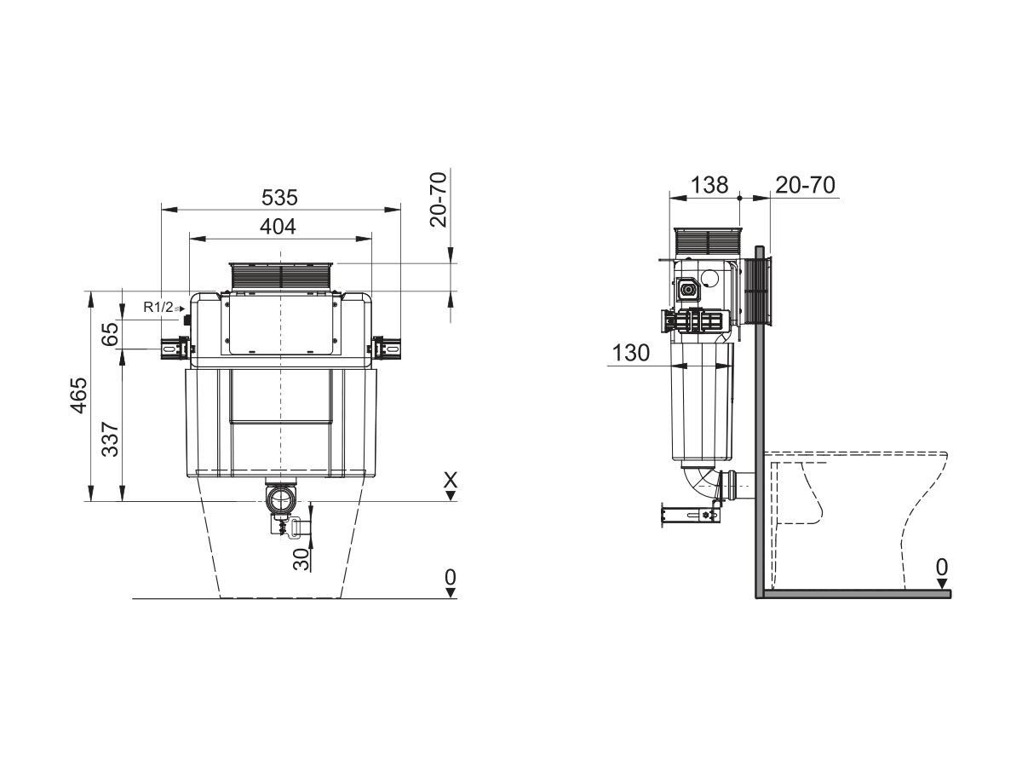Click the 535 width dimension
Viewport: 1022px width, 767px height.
[x=280, y=198]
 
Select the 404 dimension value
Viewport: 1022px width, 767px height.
[x=278, y=227]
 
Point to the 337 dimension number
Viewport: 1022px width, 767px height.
[x=110, y=439]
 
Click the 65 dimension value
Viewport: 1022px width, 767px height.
[x=110, y=333]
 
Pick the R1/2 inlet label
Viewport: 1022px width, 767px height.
[x=158, y=308]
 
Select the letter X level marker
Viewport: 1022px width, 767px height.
[x=451, y=481]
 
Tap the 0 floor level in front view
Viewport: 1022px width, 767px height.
[x=451, y=577]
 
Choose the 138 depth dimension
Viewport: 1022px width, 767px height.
[x=709, y=184]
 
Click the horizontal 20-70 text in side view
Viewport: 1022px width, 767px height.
[x=805, y=184]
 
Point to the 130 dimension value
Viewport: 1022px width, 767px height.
[x=631, y=354]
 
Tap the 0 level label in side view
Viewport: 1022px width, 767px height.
[x=941, y=567]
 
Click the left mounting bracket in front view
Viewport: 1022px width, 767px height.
[x=174, y=348]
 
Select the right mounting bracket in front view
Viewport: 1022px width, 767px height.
[x=387, y=348]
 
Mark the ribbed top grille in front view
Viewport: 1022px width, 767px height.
[x=280, y=277]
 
